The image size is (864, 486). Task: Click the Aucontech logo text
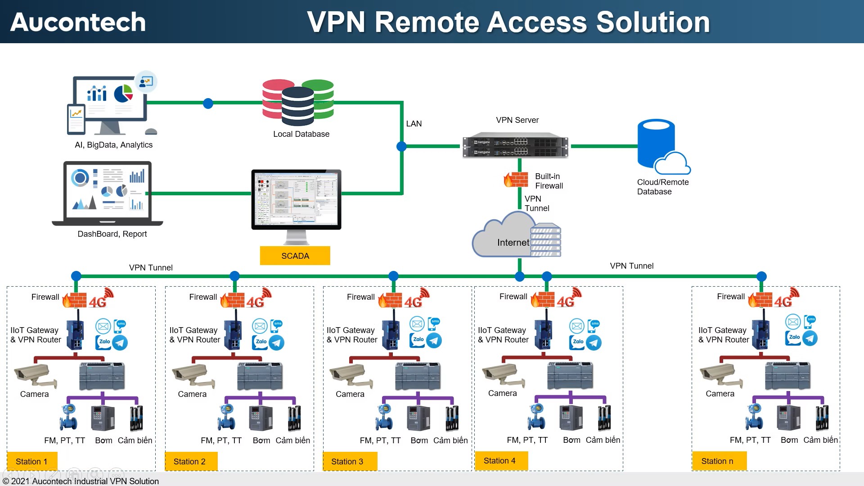(78, 22)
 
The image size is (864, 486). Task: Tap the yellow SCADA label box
(295, 256)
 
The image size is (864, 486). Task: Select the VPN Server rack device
(515, 145)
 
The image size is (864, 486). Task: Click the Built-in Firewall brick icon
(517, 179)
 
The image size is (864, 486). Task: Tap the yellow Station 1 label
(32, 461)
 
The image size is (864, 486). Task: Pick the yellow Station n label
(719, 461)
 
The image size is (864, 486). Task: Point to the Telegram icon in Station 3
(434, 341)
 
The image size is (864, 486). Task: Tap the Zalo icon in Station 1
(103, 342)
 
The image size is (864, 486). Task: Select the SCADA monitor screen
(296, 199)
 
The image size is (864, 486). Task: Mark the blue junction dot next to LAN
(401, 146)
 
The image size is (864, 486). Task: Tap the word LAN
(414, 124)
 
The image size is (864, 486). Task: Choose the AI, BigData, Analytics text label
(113, 145)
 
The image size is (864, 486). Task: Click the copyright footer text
(81, 481)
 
